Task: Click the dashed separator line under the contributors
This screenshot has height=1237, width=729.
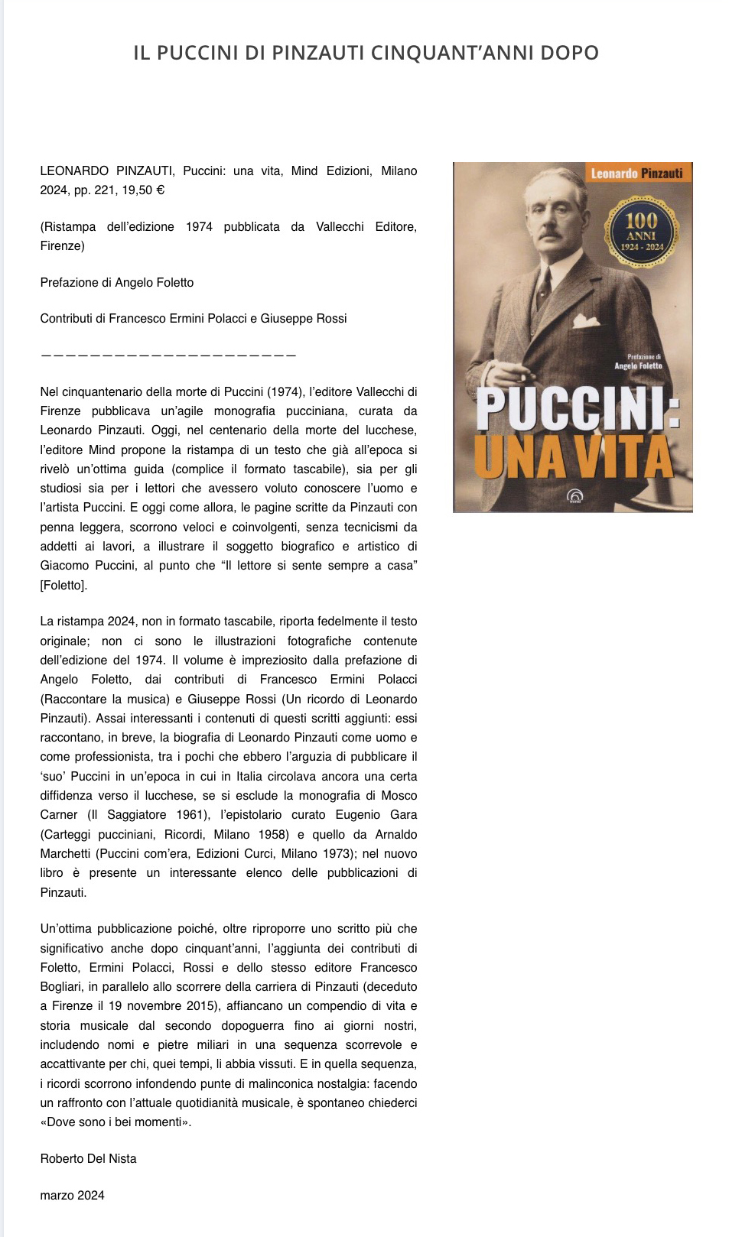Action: click(168, 356)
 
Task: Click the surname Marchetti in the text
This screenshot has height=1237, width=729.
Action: click(67, 853)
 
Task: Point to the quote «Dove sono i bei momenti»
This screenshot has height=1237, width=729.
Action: click(116, 1122)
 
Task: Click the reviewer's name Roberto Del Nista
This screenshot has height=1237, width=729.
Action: click(88, 1159)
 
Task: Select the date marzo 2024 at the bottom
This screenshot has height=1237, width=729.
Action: click(72, 1196)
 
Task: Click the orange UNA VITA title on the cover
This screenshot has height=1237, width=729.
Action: click(573, 458)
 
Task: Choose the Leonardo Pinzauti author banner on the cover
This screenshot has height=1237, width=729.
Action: click(636, 174)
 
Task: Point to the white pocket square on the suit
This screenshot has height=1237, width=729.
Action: click(586, 321)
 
